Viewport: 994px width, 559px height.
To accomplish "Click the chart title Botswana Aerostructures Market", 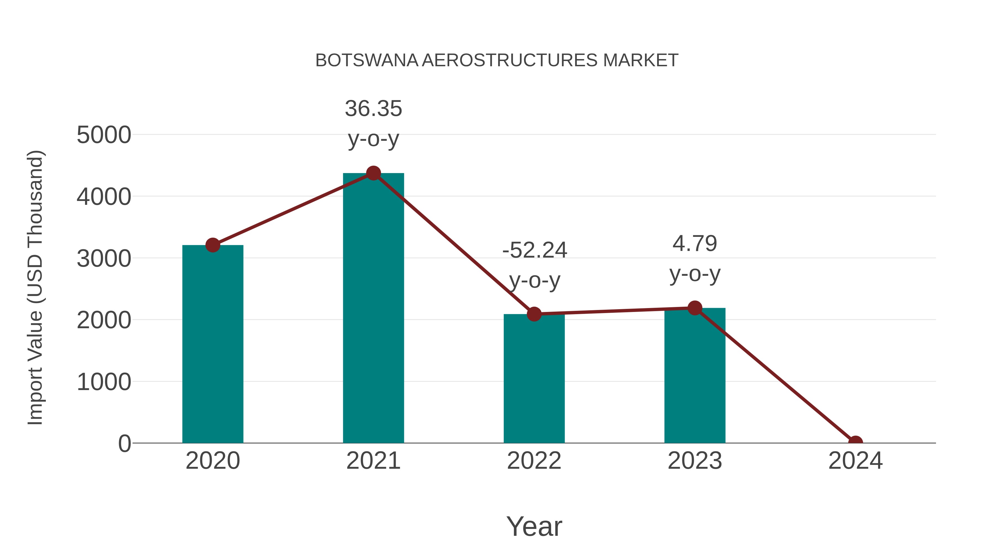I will pos(497,60).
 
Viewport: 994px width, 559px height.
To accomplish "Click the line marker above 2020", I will pos(213,245).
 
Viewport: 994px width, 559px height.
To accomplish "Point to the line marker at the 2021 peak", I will pos(373,173).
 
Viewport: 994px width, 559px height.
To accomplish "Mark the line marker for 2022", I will pos(534,314).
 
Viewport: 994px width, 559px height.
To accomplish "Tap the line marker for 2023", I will pos(695,308).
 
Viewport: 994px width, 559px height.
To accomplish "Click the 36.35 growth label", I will pos(373,109).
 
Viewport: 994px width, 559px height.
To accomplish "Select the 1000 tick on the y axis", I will pos(104,382).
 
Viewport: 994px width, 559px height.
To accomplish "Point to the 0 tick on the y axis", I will pos(124,443).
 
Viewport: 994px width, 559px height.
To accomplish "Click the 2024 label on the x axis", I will pos(855,461).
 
